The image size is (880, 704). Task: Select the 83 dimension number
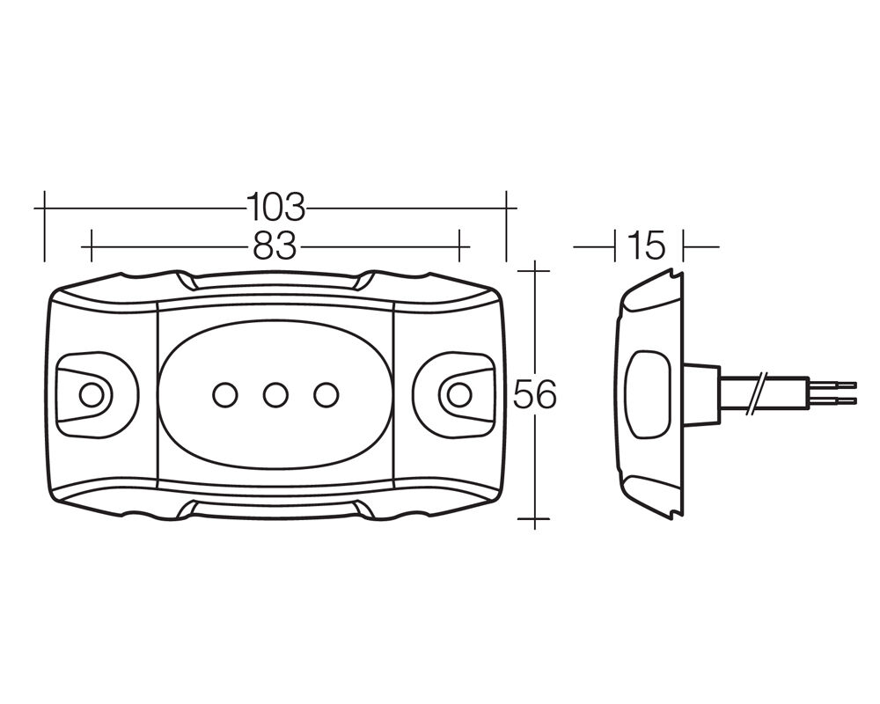275,246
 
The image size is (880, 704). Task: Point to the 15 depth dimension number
648,246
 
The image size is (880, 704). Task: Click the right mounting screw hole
459,394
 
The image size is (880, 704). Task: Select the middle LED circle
275,394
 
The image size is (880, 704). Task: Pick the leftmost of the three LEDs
225,394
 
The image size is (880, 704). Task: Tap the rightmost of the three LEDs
326,394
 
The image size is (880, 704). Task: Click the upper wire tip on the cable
855,385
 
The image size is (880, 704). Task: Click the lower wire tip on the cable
855,401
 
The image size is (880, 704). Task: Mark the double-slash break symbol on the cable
756,393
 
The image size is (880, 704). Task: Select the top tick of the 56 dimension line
534,270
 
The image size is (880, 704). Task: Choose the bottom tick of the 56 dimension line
534,519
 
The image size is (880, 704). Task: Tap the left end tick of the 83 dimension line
91,246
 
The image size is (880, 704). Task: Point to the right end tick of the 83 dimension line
459,246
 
